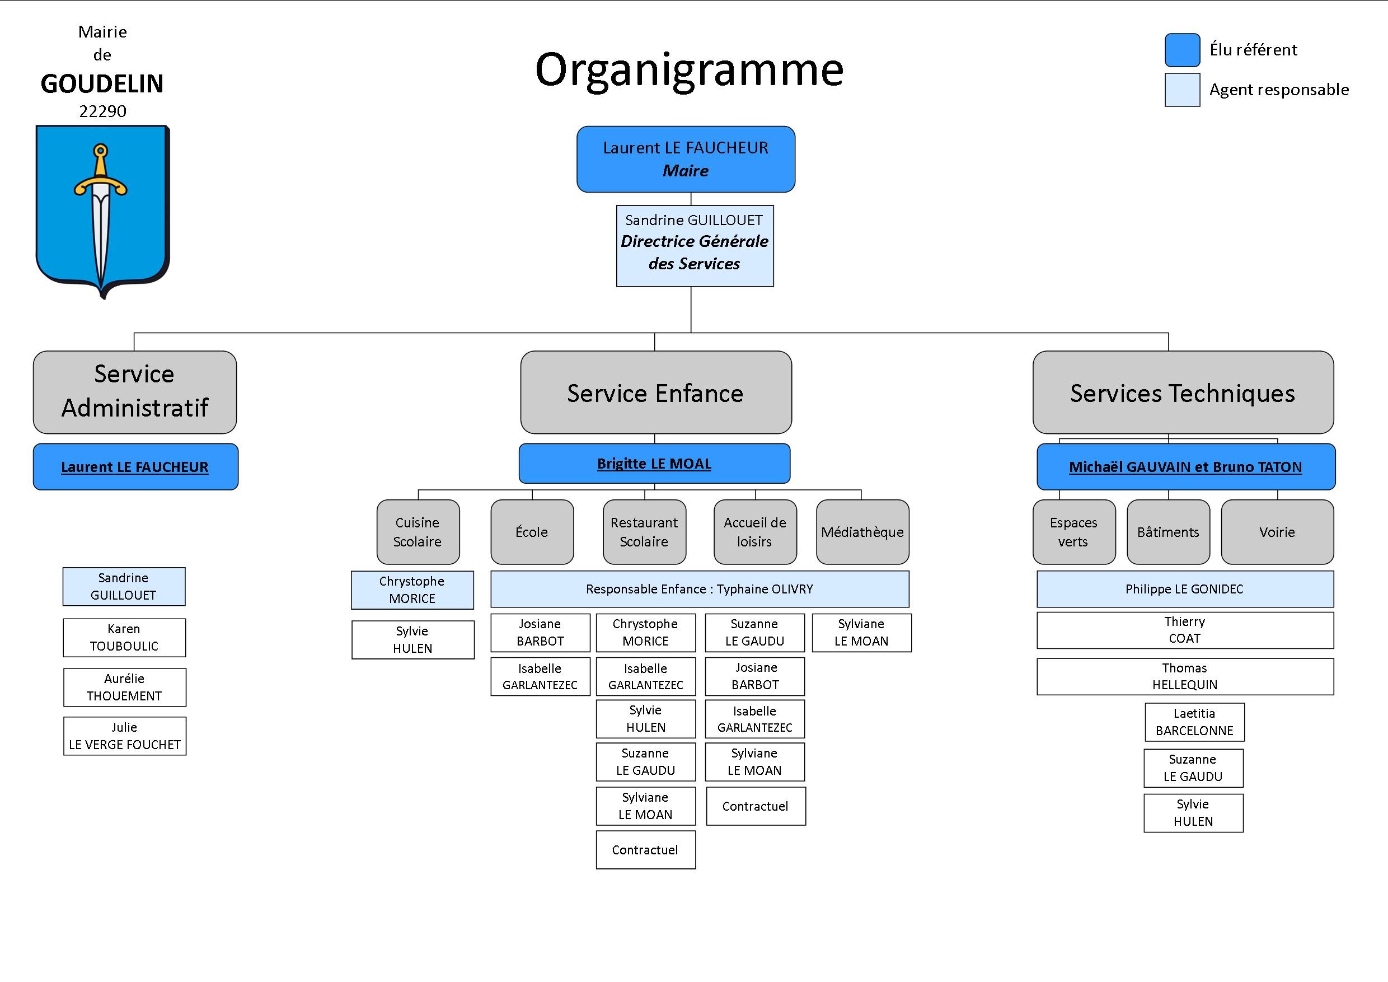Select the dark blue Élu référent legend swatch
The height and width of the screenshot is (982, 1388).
pyautogui.click(x=1183, y=50)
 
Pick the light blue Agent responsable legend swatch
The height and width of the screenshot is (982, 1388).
pyautogui.click(x=1183, y=90)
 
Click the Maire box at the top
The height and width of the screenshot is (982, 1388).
pyautogui.click(x=686, y=159)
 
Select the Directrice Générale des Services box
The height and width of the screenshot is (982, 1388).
pyautogui.click(x=695, y=245)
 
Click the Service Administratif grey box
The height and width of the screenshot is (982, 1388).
pyautogui.click(x=135, y=392)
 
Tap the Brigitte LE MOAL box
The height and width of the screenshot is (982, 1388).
pyautogui.click(x=654, y=463)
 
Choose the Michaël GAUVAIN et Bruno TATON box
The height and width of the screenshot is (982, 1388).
pyautogui.click(x=1185, y=466)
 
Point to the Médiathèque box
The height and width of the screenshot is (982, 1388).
pyautogui.click(x=862, y=531)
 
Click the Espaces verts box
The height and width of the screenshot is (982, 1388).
pyautogui.click(x=1073, y=531)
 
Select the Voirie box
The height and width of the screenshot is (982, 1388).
pyautogui.click(x=1277, y=531)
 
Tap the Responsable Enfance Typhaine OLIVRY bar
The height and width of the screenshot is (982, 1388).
pyautogui.click(x=700, y=589)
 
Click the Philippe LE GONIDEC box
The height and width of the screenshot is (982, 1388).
pyautogui.click(x=1185, y=589)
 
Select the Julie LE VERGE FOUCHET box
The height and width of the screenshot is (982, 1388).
pyautogui.click(x=125, y=736)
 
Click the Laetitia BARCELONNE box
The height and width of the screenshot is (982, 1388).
pyautogui.click(x=1194, y=722)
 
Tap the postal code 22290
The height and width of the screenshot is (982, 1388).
pyautogui.click(x=103, y=111)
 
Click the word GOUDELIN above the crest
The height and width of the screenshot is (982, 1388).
pyautogui.click(x=102, y=83)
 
